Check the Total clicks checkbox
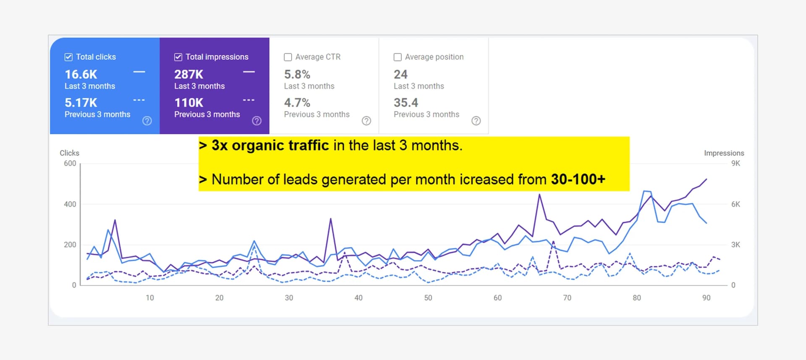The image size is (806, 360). click(68, 57)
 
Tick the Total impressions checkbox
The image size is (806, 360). click(178, 57)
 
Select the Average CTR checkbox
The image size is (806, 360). click(288, 57)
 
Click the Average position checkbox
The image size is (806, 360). click(398, 57)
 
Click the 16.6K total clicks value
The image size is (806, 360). click(81, 75)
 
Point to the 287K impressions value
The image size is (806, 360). click(188, 75)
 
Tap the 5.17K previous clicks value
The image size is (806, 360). click(81, 103)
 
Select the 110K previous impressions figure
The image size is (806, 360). click(188, 103)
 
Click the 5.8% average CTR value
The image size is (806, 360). click(297, 75)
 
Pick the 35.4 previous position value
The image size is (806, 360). click(406, 103)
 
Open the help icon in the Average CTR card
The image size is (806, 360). click(366, 121)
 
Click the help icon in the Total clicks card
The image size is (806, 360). click(147, 121)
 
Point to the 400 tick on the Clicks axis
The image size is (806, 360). click(70, 204)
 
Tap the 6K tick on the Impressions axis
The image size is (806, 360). click(735, 204)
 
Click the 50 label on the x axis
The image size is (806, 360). click(428, 298)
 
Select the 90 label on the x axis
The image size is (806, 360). click(706, 298)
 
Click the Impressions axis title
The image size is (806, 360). click(724, 153)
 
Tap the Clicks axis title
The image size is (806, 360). click(69, 153)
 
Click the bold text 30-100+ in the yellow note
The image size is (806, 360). click(578, 180)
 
